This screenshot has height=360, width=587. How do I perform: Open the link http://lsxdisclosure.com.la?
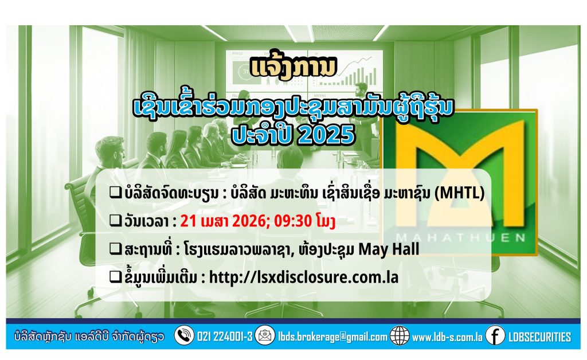pos(303,277)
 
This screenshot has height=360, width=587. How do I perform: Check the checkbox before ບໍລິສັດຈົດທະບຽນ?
pos(115,195)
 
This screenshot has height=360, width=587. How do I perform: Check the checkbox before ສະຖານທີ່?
pos(115,249)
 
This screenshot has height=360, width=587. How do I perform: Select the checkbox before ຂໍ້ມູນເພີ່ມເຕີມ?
pos(115,277)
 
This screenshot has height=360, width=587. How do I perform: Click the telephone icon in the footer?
pos(183,336)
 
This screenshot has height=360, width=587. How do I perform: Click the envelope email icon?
pos(264,336)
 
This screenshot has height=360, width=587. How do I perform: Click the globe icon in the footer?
pos(399,336)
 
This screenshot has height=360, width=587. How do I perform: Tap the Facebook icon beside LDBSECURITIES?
pos(495,336)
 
